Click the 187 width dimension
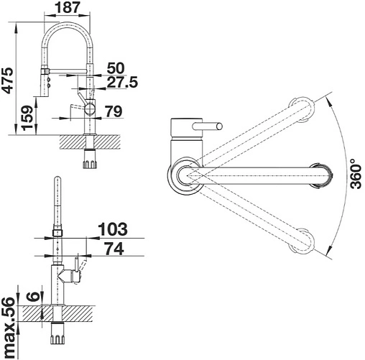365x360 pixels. coord(67,7)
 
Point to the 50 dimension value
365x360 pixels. coord(116,68)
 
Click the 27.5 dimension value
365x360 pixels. coord(122,82)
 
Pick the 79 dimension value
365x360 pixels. coord(114,111)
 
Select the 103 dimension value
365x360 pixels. coord(113,229)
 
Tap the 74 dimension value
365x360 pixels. coord(115,249)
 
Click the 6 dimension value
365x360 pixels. coord(33,296)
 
